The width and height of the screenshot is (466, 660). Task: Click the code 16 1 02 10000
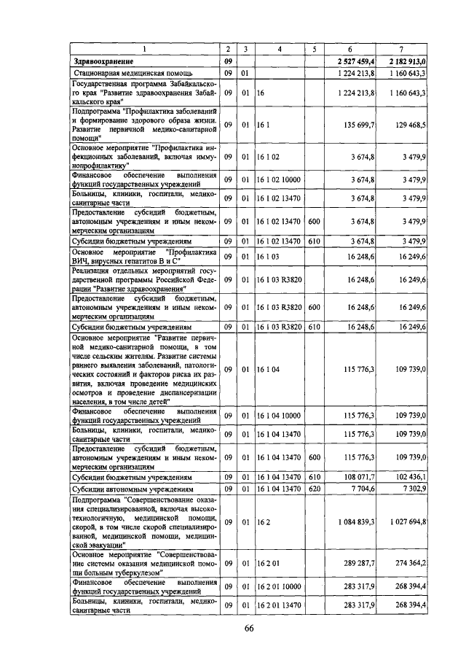click(280, 179)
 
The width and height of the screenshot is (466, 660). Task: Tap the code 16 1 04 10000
click(280, 415)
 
